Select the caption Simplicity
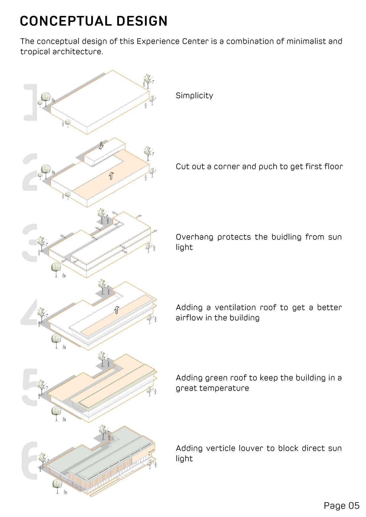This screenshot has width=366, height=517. coord(194,96)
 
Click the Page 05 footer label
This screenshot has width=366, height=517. coord(342,505)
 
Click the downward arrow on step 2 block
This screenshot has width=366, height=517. coord(101,145)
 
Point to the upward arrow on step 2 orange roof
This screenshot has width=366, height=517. coord(111,176)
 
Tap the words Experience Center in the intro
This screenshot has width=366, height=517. coord(172,41)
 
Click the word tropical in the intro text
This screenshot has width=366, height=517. coord(35,52)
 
